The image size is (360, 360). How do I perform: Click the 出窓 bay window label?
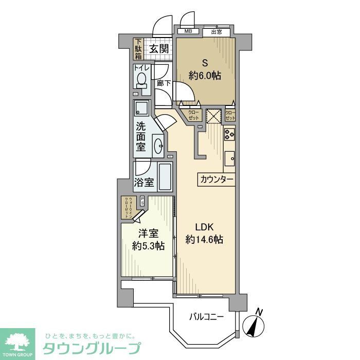coord(216,31)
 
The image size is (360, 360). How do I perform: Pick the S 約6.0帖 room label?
coord(205,70)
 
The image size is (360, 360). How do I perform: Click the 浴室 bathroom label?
coord(144,182)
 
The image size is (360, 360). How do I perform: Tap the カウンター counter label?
coord(216,179)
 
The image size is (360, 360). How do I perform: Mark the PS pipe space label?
coord(142,202)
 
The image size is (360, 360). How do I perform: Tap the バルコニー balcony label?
coord(206,316)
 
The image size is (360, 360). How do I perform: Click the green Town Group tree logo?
coord(17,342)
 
